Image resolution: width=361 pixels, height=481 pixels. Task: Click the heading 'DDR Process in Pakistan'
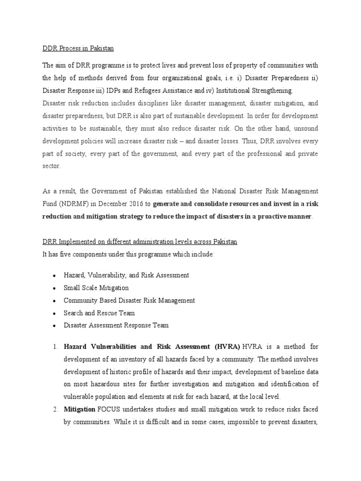(78, 48)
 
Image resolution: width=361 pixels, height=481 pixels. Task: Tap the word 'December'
(115, 204)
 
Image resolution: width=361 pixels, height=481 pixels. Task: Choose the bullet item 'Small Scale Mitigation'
(96, 287)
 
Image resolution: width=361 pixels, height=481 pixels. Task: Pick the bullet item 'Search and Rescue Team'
(99, 313)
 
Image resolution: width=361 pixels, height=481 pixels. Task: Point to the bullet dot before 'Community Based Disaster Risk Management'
(55, 301)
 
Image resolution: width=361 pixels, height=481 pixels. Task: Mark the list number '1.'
(55, 347)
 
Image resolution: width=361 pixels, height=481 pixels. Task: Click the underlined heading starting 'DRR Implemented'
(140, 241)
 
